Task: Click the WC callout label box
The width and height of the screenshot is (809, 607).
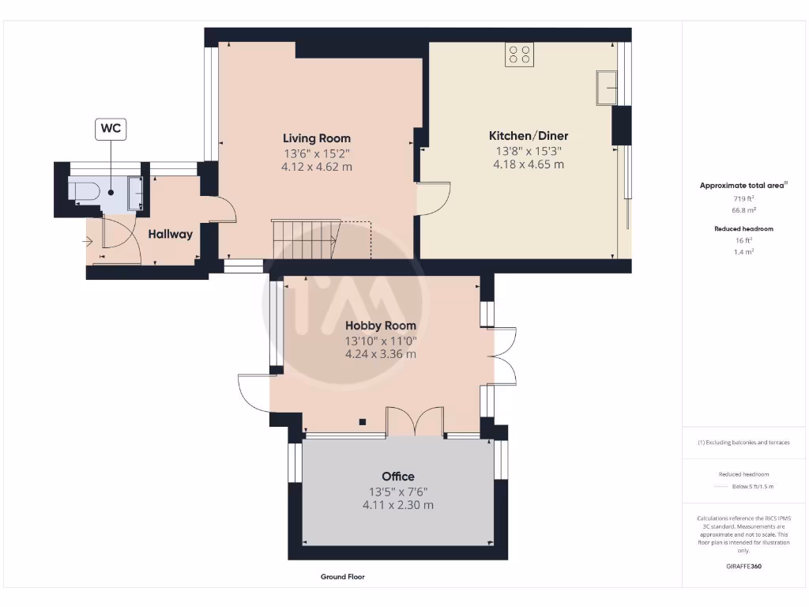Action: (111, 129)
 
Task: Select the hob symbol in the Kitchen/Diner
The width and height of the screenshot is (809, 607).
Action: (520, 55)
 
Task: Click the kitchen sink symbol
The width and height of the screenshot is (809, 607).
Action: (606, 87)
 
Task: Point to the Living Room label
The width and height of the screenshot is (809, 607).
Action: (316, 138)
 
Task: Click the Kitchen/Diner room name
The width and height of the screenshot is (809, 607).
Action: (529, 136)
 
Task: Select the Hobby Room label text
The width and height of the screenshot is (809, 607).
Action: (380, 326)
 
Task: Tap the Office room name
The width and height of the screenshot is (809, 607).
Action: (397, 477)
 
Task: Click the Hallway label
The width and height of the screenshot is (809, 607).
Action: (170, 234)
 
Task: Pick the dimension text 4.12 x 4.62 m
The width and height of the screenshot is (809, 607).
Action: (316, 168)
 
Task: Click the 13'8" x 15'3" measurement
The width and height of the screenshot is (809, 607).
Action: (529, 150)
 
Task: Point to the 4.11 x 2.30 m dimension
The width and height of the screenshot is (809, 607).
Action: (397, 505)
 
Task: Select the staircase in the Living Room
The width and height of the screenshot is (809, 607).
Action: (304, 239)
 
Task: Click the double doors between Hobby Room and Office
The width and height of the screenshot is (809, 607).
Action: (414, 422)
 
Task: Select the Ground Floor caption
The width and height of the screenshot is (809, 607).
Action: (342, 577)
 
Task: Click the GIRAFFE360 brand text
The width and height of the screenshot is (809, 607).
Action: (743, 567)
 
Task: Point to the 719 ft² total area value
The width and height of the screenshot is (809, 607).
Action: (743, 199)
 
